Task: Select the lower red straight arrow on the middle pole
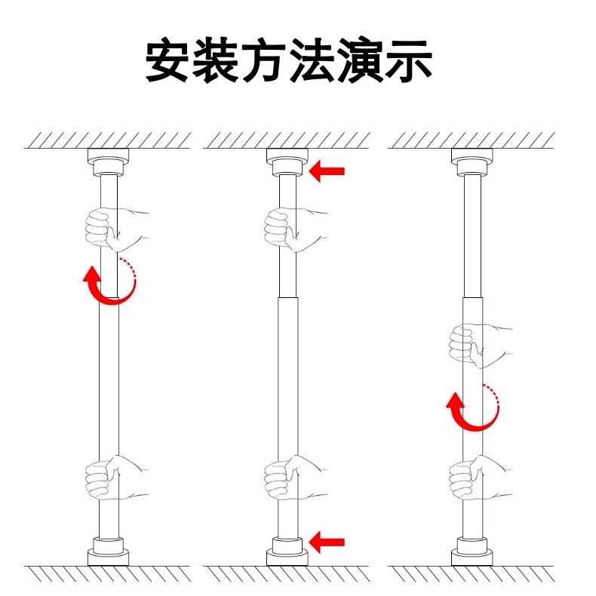click(327, 541)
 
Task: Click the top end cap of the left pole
click(109, 161)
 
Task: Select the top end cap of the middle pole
click(287, 161)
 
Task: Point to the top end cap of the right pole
click(472, 161)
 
